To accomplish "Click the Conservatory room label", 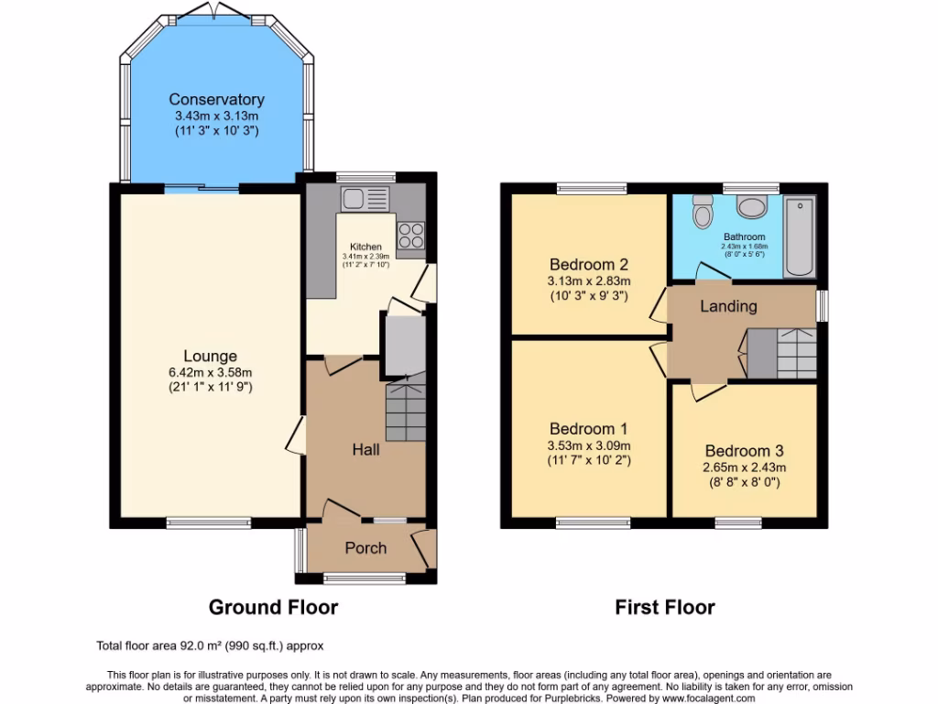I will coord(216,99).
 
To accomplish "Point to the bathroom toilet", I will coord(703,212).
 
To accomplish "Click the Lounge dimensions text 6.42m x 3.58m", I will coord(210,372).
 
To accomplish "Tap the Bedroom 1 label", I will coord(588,429).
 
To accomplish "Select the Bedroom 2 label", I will coord(588,265).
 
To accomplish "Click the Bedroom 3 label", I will coord(744,451).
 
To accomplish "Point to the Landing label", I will coord(728,306).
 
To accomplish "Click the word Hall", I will coord(366,450).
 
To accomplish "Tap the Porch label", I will coord(365,548).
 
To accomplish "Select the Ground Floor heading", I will coord(273,607).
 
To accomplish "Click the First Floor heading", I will coord(664,607).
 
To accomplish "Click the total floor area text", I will coord(210,645).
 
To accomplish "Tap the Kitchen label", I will coord(365,247).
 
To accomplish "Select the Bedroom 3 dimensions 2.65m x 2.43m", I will coord(744,467).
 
